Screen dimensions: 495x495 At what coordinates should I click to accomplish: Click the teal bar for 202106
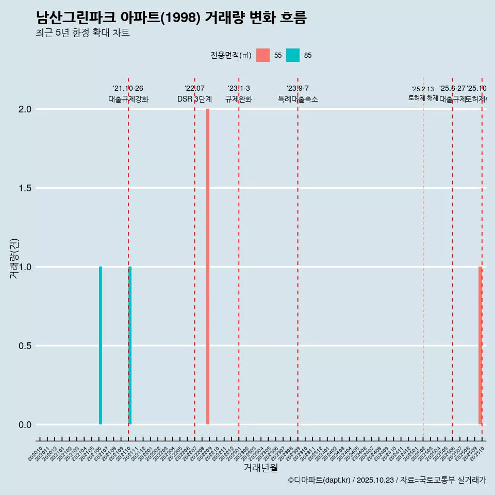(x=101, y=345)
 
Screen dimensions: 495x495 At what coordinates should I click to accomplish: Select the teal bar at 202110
(x=130, y=345)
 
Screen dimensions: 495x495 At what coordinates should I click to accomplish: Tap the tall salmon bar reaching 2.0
(x=208, y=267)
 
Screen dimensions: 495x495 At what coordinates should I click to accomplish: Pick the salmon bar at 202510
(x=480, y=345)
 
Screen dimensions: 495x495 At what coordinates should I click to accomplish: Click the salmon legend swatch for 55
(x=263, y=55)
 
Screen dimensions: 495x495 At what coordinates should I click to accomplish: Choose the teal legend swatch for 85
(x=293, y=55)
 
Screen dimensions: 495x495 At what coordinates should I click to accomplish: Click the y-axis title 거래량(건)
(x=14, y=258)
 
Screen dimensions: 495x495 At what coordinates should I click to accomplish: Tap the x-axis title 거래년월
(x=260, y=468)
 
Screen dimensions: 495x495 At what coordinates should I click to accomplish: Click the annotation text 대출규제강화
(x=128, y=100)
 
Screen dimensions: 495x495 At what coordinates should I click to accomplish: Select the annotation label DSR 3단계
(x=194, y=100)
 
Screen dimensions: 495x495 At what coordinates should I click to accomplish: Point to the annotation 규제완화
(x=239, y=100)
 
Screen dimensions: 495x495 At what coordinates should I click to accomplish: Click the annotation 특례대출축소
(x=298, y=100)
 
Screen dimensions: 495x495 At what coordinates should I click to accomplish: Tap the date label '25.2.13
(x=423, y=89)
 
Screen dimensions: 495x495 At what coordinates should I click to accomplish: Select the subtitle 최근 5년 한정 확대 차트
(x=82, y=33)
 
